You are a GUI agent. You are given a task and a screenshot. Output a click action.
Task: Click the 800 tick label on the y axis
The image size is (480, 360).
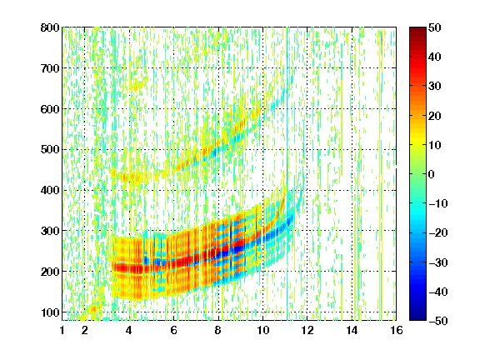tap(50, 27)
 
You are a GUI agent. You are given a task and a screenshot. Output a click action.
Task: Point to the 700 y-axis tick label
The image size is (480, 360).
tap(50, 68)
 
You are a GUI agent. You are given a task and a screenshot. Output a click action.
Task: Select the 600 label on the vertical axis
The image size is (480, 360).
tap(50, 109)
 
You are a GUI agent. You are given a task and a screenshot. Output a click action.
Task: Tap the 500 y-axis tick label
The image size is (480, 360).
tap(50, 150)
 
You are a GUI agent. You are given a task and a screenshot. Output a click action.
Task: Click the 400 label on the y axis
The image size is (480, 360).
tap(50, 190)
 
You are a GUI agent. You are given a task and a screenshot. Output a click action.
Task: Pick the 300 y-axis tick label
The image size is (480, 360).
tap(50, 231)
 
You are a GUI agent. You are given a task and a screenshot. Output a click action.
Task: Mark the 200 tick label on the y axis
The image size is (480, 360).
tap(50, 272)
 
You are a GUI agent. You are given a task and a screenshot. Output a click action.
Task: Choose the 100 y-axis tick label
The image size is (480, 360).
tap(50, 312)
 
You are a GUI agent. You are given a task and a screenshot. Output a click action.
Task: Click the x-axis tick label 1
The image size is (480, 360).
tap(62, 330)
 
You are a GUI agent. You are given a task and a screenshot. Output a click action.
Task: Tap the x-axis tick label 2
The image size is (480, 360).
tap(84, 330)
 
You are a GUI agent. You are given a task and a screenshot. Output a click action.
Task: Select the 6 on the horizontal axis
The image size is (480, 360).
tap(173, 330)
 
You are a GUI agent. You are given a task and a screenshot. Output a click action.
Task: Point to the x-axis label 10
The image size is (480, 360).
tap(262, 330)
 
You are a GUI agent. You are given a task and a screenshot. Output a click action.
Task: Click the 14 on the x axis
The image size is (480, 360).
tap(352, 330)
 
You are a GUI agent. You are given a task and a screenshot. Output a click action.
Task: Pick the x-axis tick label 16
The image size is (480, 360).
tap(397, 330)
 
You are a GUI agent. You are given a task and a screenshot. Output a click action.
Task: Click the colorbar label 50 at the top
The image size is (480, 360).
tap(434, 27)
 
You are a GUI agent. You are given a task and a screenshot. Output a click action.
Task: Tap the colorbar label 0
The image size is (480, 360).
tap(431, 174)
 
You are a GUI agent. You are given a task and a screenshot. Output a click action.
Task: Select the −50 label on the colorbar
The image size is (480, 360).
tap(437, 321)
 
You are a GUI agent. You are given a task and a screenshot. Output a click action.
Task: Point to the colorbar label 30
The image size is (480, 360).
tap(434, 87)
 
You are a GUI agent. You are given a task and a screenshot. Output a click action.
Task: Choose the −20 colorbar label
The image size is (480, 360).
tap(437, 233)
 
